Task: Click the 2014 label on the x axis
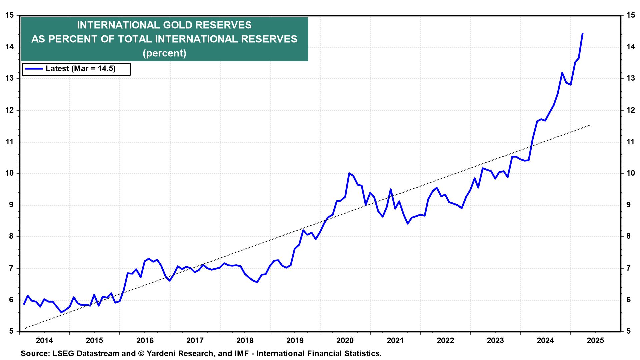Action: (x=44, y=341)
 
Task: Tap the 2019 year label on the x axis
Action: (x=295, y=341)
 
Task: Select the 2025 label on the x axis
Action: (x=595, y=341)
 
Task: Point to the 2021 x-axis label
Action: (x=395, y=341)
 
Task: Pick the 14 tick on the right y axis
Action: (x=630, y=47)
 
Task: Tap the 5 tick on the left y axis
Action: (x=11, y=331)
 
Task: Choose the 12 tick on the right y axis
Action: (x=630, y=110)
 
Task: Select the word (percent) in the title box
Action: (x=164, y=53)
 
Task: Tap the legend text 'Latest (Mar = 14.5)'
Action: (x=80, y=69)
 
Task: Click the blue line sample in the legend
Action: (x=33, y=69)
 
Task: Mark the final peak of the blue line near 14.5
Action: (x=582, y=33)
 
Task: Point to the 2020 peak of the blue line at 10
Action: (x=349, y=173)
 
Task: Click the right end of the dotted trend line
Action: (x=591, y=125)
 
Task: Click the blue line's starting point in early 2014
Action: (x=24, y=304)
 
